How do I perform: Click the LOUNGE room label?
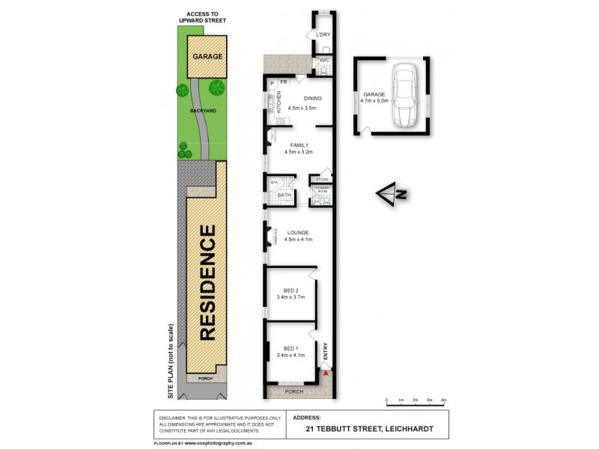click(297, 233)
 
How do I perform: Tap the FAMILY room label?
click(297, 144)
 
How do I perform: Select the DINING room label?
click(312, 99)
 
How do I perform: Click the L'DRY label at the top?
click(323, 35)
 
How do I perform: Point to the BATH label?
click(284, 195)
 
